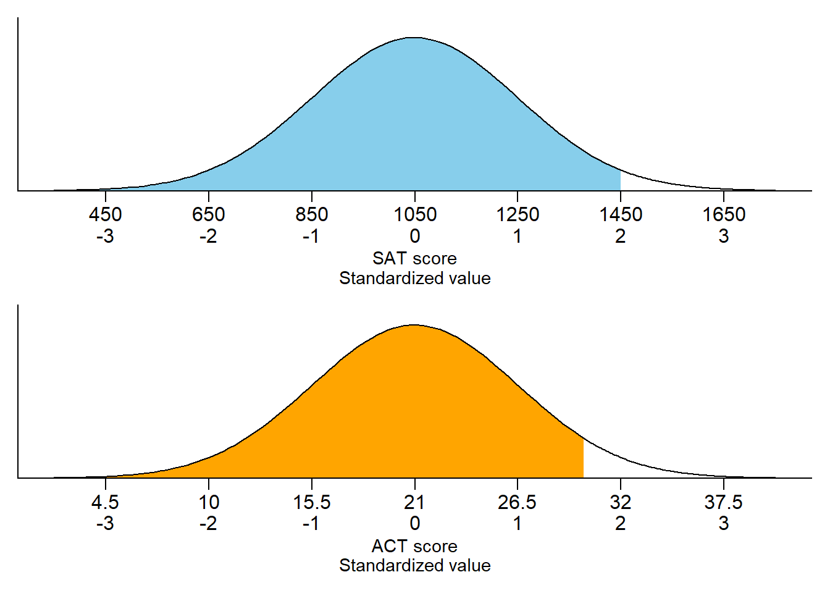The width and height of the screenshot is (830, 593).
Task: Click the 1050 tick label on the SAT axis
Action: point(415,214)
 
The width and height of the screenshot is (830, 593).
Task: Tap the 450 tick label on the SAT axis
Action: point(106,214)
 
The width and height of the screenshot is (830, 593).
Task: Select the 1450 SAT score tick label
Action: point(621,214)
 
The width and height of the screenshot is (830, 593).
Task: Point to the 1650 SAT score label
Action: point(724,214)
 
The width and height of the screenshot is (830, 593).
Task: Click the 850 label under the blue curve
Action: point(312,214)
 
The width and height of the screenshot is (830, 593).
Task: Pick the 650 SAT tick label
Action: point(209,214)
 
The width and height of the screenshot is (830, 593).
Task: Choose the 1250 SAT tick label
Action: point(518,214)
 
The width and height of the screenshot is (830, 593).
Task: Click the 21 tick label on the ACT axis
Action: point(415,502)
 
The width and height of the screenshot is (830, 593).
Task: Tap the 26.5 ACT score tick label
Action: point(518,502)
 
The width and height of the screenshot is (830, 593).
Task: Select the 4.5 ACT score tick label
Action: point(106,502)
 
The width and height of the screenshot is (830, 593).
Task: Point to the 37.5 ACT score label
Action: point(724,502)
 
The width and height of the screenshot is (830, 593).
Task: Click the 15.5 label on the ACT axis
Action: point(312,502)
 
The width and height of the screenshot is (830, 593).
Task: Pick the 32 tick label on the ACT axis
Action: point(621,502)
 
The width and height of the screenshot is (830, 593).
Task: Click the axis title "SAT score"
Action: point(415,258)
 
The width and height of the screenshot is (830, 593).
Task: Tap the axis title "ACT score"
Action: point(415,546)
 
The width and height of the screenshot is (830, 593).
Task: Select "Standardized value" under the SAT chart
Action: point(415,278)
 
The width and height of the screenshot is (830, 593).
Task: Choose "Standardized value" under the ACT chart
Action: point(415,565)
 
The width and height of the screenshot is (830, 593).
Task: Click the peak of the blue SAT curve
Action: point(414,38)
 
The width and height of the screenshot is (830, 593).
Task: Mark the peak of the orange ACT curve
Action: point(414,326)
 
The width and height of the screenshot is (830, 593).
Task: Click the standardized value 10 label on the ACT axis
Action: point(209,502)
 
